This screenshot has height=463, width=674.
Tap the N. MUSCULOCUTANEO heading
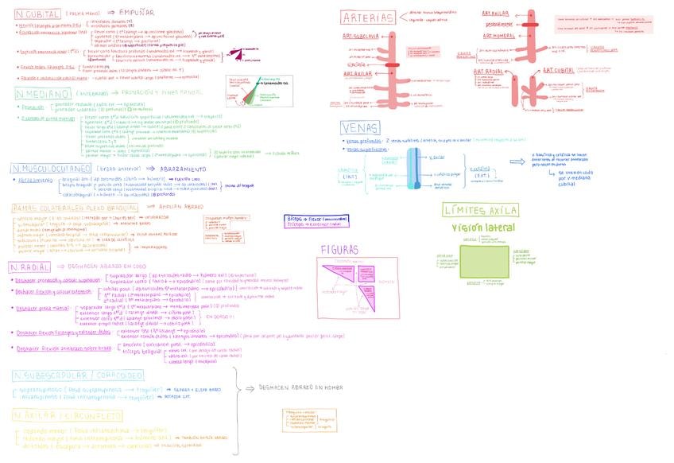(x=50, y=169)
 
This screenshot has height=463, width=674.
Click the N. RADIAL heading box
(x=31, y=268)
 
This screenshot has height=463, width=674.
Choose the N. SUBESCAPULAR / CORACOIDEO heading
(x=72, y=375)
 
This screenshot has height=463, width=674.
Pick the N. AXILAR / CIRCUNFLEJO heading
(x=67, y=415)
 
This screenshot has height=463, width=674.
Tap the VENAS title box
(x=360, y=127)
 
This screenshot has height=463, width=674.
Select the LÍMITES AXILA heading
(x=481, y=210)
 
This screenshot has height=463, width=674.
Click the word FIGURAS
(x=339, y=249)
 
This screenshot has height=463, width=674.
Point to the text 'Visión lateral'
(x=483, y=228)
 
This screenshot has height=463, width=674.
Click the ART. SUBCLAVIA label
(x=360, y=36)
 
